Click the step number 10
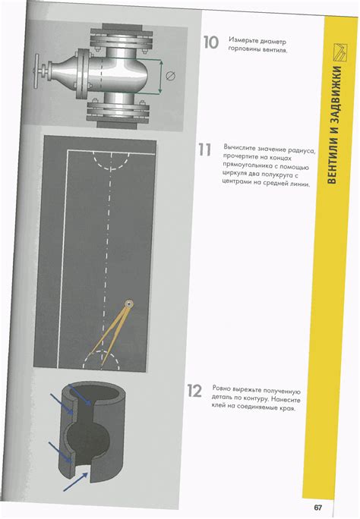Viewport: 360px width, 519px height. (x=211, y=42)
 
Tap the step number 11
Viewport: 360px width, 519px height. (x=204, y=149)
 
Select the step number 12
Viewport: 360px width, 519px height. (x=194, y=391)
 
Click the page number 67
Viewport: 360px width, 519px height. (x=317, y=508)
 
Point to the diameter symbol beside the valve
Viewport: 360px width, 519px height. (x=170, y=76)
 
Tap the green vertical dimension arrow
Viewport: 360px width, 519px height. (x=161, y=77)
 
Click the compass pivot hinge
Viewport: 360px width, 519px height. (x=128, y=304)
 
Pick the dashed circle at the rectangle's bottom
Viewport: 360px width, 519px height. (x=101, y=352)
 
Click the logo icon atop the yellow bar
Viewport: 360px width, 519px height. (x=340, y=52)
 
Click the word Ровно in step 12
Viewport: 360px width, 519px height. (x=221, y=388)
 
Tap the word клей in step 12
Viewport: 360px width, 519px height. (x=219, y=405)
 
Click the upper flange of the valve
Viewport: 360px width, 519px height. (x=122, y=38)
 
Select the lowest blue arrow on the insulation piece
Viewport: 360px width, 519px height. (x=76, y=482)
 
